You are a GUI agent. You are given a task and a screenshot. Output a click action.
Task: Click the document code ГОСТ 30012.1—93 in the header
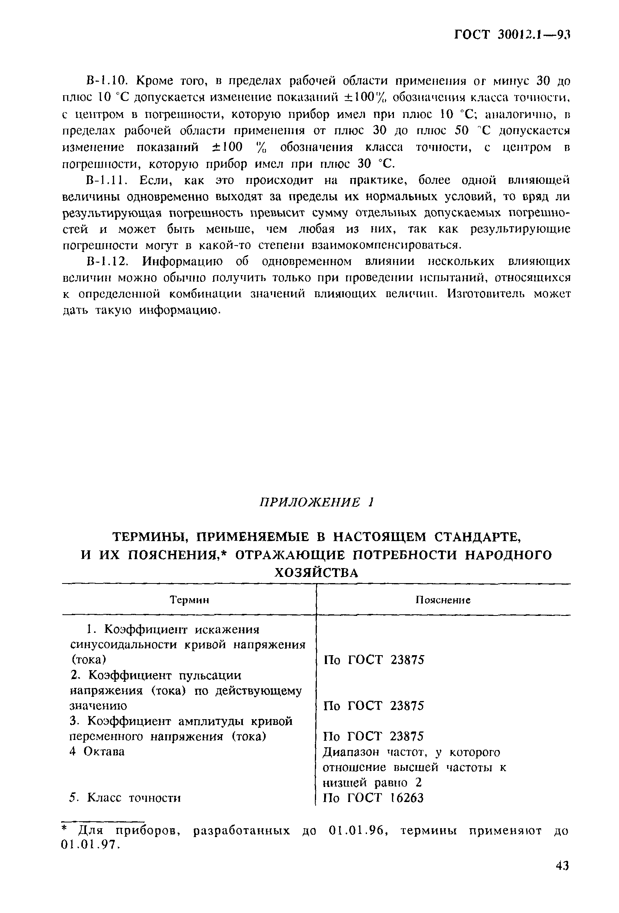pos(512,35)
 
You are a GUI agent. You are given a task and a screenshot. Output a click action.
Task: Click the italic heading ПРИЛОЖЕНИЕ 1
pos(316,502)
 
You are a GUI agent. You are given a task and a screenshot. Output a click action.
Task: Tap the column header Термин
pos(189,600)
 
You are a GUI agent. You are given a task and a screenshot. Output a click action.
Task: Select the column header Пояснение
pos(443,600)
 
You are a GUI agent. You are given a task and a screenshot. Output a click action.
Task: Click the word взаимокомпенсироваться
pos(385,245)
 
